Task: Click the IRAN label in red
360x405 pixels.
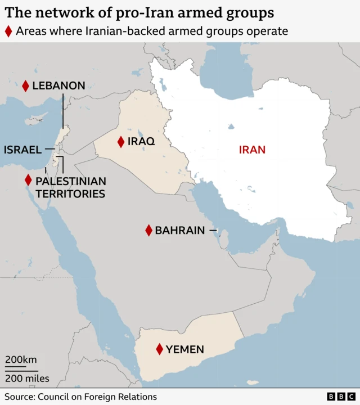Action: click(252, 150)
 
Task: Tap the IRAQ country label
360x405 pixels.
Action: click(141, 142)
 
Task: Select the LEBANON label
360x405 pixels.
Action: click(58, 85)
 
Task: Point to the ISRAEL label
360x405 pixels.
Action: click(22, 150)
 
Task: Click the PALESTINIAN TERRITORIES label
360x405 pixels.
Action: click(70, 187)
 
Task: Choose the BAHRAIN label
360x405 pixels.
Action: click(180, 230)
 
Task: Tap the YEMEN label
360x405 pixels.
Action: click(185, 349)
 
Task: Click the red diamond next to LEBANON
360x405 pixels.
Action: click(25, 85)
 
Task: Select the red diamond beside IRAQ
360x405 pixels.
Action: click(120, 142)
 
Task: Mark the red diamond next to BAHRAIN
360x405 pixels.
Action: click(148, 230)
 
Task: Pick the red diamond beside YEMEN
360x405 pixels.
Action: click(160, 349)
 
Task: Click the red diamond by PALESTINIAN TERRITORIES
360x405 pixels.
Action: click(28, 181)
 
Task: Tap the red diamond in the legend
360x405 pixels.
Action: click(8, 31)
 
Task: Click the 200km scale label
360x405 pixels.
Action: click(21, 360)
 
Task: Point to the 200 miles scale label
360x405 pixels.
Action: click(28, 379)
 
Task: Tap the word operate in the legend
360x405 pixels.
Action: click(267, 31)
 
